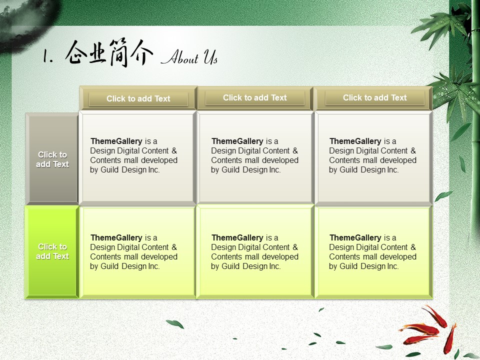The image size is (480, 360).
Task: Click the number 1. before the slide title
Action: (x=47, y=56)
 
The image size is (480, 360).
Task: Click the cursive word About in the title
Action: (x=180, y=56)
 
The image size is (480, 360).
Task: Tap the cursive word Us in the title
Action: (x=210, y=56)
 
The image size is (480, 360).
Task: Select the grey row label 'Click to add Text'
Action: (x=52, y=159)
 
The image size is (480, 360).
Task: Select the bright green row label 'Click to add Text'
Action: (x=52, y=251)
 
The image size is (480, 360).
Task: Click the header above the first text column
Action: (x=138, y=98)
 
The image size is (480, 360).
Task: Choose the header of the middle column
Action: (x=254, y=97)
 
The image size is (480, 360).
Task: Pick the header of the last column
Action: (x=374, y=97)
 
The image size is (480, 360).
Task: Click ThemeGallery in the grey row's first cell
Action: (x=116, y=141)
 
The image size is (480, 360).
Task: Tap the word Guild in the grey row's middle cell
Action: (x=230, y=169)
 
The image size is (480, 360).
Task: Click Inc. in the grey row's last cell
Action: (x=393, y=169)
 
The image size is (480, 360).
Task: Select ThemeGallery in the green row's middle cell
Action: (x=237, y=237)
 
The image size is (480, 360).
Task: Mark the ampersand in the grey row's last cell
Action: (x=413, y=150)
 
